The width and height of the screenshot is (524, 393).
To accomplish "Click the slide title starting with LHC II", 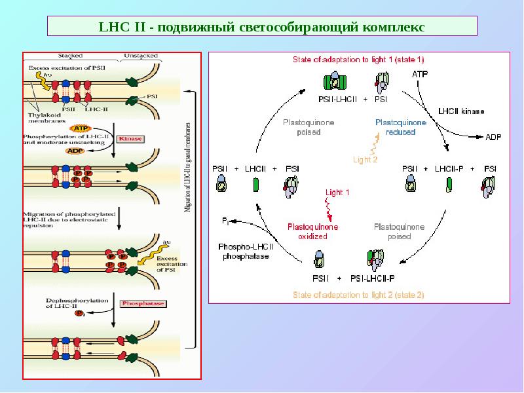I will [x=261, y=27].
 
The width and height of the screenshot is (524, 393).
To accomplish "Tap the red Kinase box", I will [x=129, y=139].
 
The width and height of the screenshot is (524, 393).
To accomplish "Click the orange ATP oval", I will [x=81, y=128].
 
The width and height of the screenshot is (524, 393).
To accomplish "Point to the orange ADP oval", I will [x=76, y=150].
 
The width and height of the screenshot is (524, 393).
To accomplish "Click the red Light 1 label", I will [x=338, y=192].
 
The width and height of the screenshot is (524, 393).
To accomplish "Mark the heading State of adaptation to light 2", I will [x=358, y=295].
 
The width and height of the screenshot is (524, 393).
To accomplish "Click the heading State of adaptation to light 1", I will [x=358, y=60].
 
